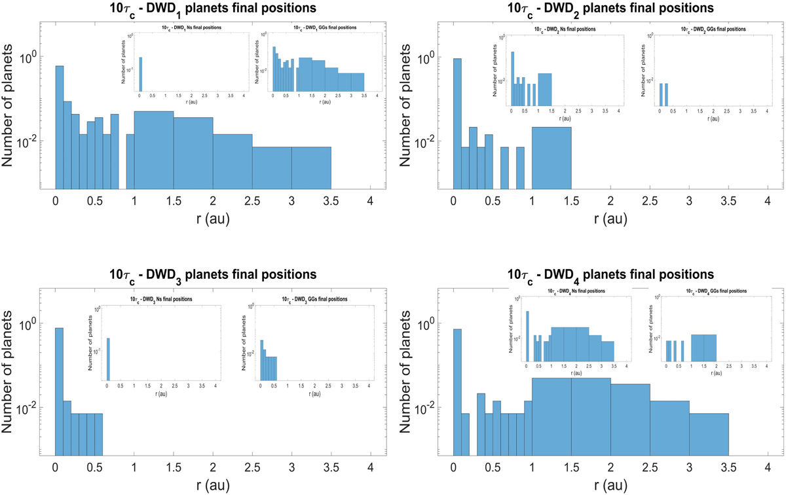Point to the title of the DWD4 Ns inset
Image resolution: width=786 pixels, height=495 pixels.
[568, 291]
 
